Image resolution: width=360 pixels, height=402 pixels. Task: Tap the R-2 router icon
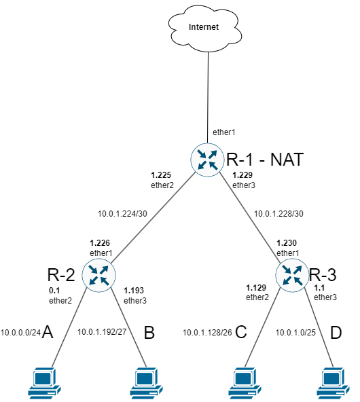99,276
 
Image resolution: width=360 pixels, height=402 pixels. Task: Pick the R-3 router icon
292,276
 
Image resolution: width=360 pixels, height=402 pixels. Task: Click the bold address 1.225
160,174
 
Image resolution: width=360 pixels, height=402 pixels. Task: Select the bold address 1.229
242,175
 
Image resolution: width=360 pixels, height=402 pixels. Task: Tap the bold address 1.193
134,290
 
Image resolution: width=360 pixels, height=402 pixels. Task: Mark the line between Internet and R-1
208,95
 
